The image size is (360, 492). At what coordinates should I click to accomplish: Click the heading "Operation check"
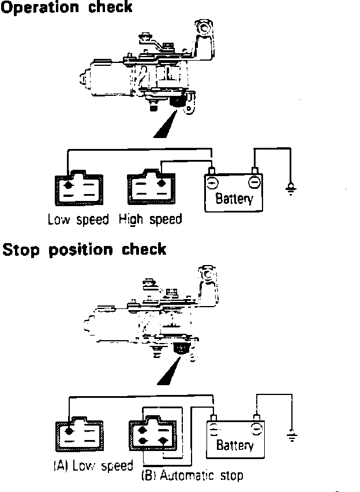pos(67,8)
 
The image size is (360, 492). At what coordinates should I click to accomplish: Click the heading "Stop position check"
pos(84,249)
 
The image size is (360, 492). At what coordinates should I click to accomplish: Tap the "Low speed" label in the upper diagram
pos(77,219)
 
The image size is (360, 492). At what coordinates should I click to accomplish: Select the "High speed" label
pos(150,219)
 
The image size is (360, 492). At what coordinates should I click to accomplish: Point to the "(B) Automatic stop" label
pos(192,476)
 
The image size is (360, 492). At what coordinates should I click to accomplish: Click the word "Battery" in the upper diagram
pos(234,199)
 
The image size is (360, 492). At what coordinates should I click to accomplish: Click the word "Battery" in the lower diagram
pos(234,445)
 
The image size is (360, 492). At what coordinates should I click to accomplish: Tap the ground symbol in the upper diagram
pos(291,188)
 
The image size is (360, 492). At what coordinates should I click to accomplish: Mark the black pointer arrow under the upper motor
pos(165,124)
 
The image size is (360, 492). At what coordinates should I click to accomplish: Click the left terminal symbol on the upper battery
pos(212,182)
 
